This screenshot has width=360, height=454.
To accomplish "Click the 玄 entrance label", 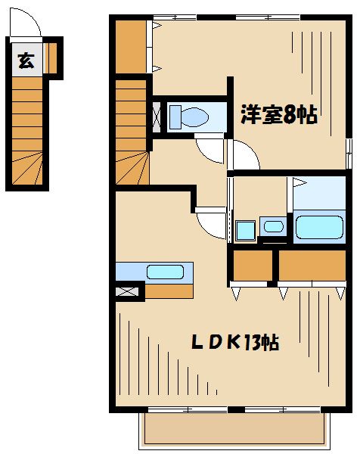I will pyautogui.click(x=26, y=61).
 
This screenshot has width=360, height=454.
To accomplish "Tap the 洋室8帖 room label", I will pyautogui.click(x=278, y=115).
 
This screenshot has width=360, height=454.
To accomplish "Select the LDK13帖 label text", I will pyautogui.click(x=234, y=342).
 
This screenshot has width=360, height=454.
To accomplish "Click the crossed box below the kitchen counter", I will pyautogui.click(x=129, y=291).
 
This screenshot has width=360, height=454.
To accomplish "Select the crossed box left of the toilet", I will pyautogui.click(x=157, y=117).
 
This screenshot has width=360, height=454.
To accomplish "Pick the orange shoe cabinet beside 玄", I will pyautogui.click(x=50, y=57).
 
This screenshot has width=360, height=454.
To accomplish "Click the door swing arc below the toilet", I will pyautogui.click(x=211, y=150).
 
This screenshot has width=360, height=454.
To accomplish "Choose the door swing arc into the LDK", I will pyautogui.click(x=211, y=224).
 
